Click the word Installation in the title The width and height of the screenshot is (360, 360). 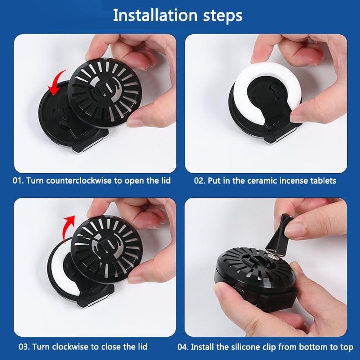[155, 15]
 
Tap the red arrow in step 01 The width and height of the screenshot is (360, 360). [57, 82]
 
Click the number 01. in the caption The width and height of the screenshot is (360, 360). [18, 181]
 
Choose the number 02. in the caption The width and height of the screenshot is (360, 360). [200, 181]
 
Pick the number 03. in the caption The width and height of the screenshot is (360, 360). [24, 347]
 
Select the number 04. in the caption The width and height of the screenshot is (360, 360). [183, 347]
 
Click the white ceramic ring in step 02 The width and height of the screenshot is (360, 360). [243, 87]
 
